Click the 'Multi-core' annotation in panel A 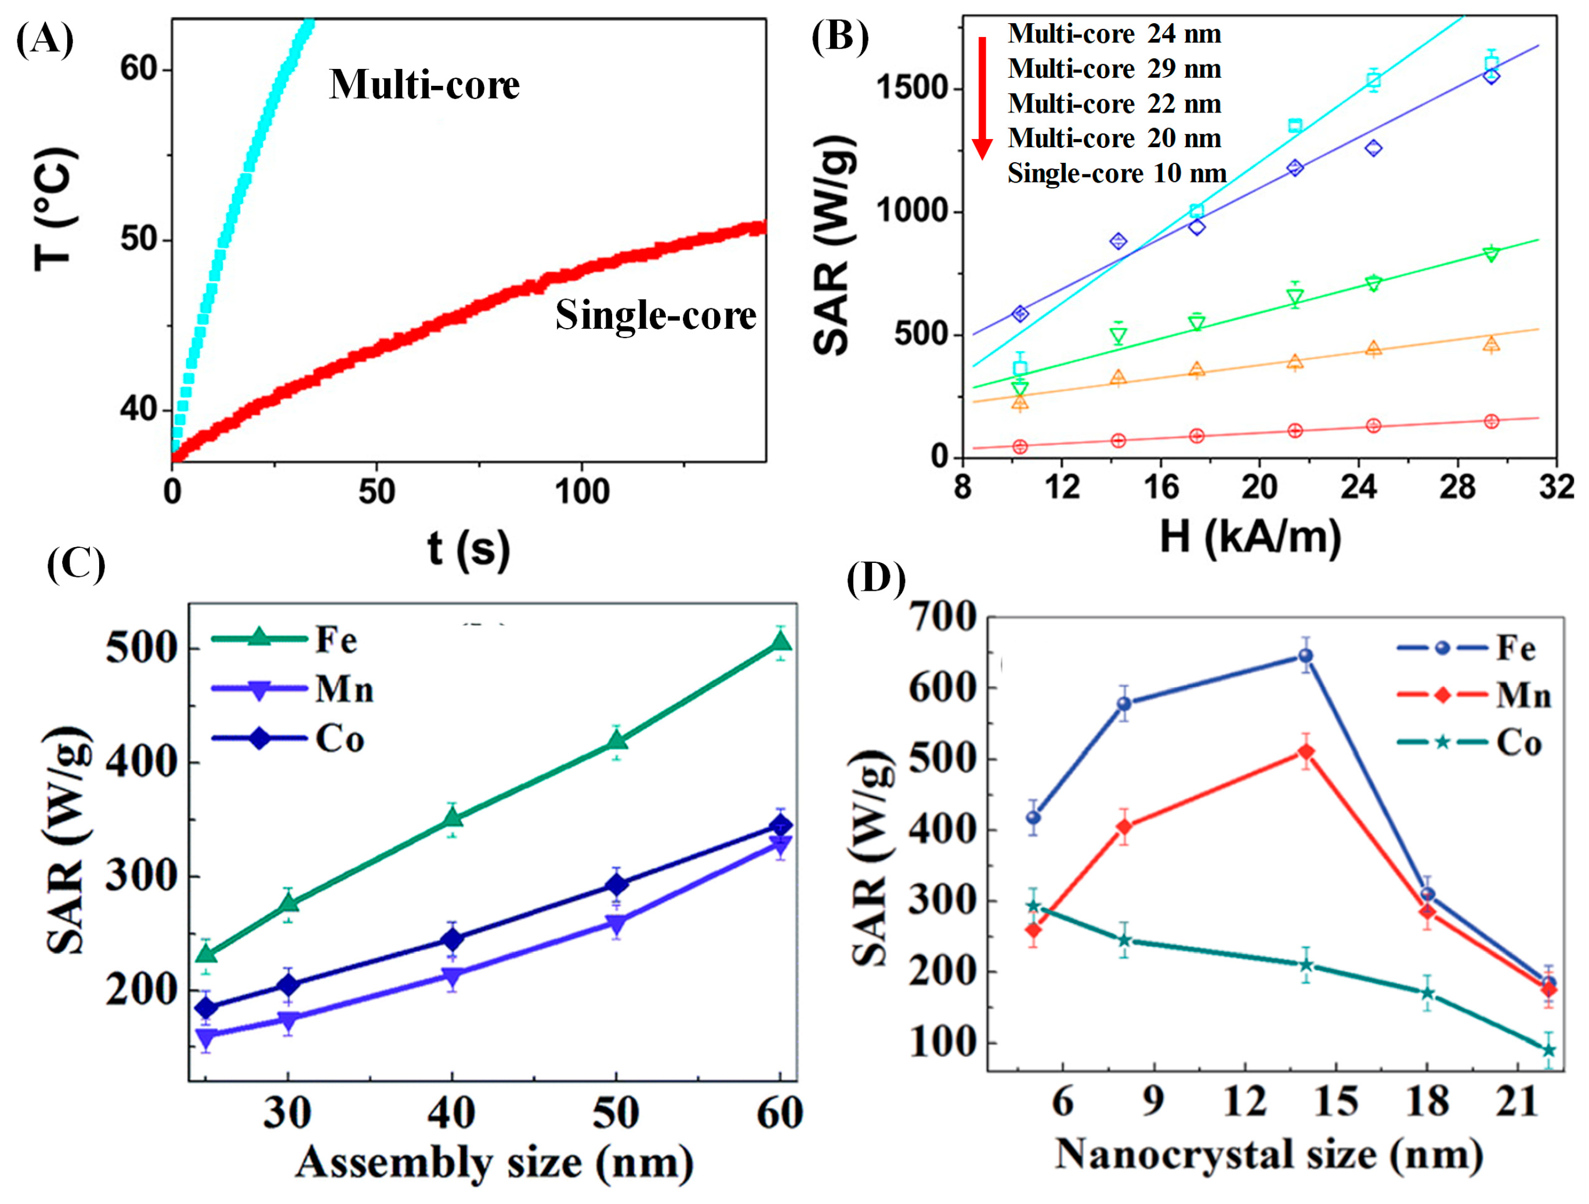(x=424, y=85)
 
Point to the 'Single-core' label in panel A (x=655, y=315)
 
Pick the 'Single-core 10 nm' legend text (x=1116, y=173)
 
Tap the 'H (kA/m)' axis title (x=1250, y=536)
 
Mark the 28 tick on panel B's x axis (x=1457, y=488)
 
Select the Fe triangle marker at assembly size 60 (x=781, y=642)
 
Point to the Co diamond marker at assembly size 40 (x=452, y=939)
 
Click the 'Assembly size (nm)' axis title (x=494, y=1163)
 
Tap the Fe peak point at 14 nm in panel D (x=1306, y=656)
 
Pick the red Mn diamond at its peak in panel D (x=1306, y=752)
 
